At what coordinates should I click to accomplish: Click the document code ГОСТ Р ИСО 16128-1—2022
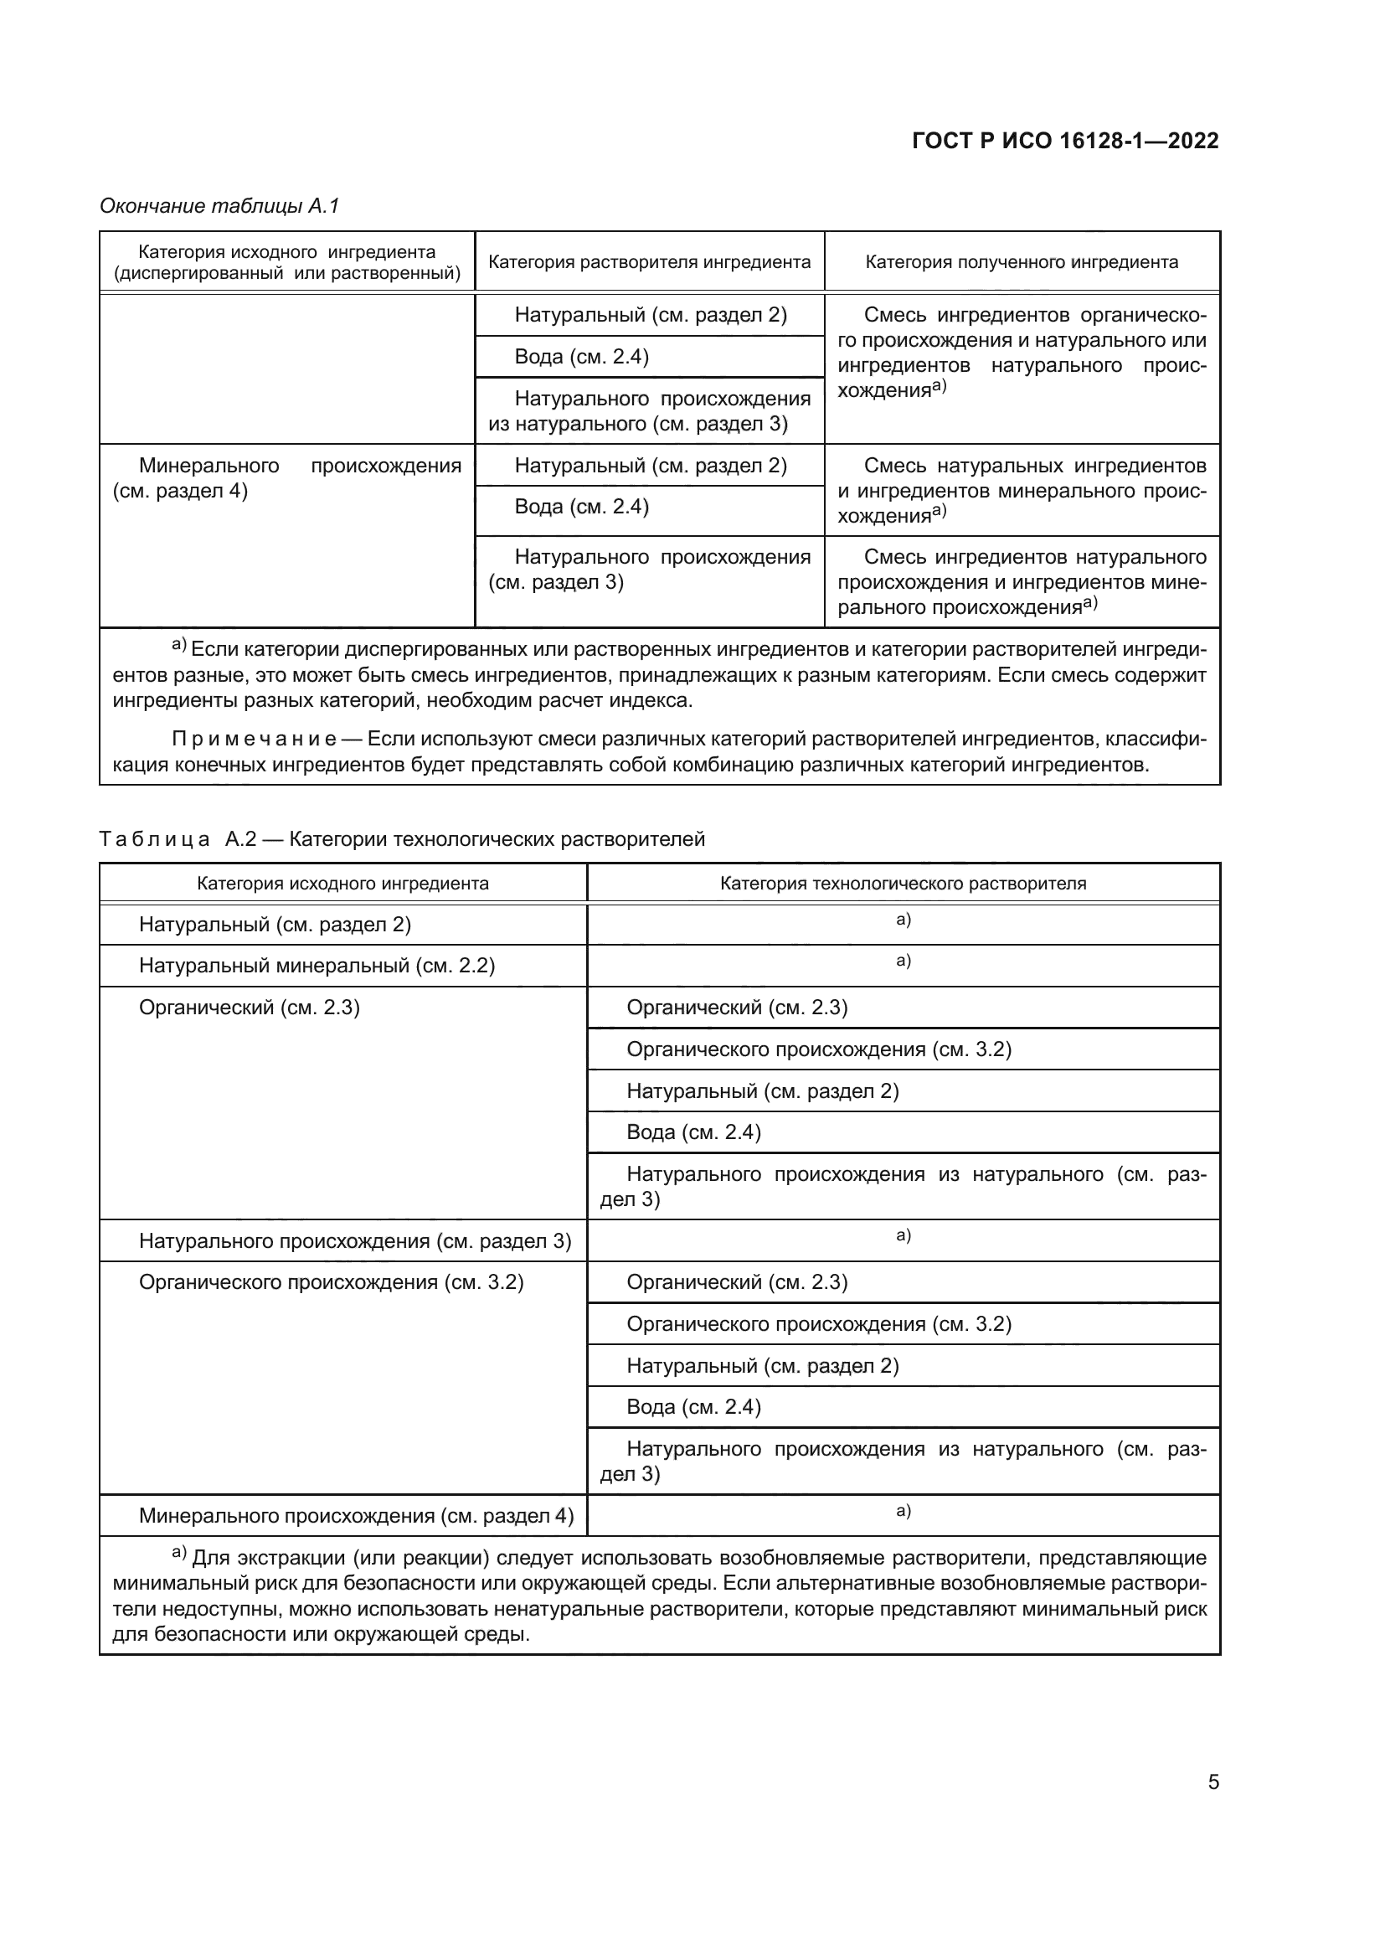coord(1065,141)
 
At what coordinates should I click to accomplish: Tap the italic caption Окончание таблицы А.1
coord(220,206)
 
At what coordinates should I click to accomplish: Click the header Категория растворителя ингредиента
coord(649,262)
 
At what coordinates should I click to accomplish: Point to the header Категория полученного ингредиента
coord(1022,262)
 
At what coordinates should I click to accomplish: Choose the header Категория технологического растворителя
coord(904,883)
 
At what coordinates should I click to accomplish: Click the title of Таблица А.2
coord(402,838)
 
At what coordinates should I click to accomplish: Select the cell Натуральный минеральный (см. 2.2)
coord(317,966)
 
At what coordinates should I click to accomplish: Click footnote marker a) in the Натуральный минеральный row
coord(904,961)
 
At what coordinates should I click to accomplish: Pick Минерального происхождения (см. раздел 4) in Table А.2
coord(356,1515)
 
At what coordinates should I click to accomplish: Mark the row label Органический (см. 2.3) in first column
coord(249,1008)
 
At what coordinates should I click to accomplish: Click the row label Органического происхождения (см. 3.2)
coord(331,1282)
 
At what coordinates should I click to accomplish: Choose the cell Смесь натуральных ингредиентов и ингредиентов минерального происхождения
coord(1022,491)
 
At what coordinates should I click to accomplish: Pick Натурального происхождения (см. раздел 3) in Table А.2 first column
coord(355,1240)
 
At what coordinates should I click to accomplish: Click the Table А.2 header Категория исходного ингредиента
coord(342,883)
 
